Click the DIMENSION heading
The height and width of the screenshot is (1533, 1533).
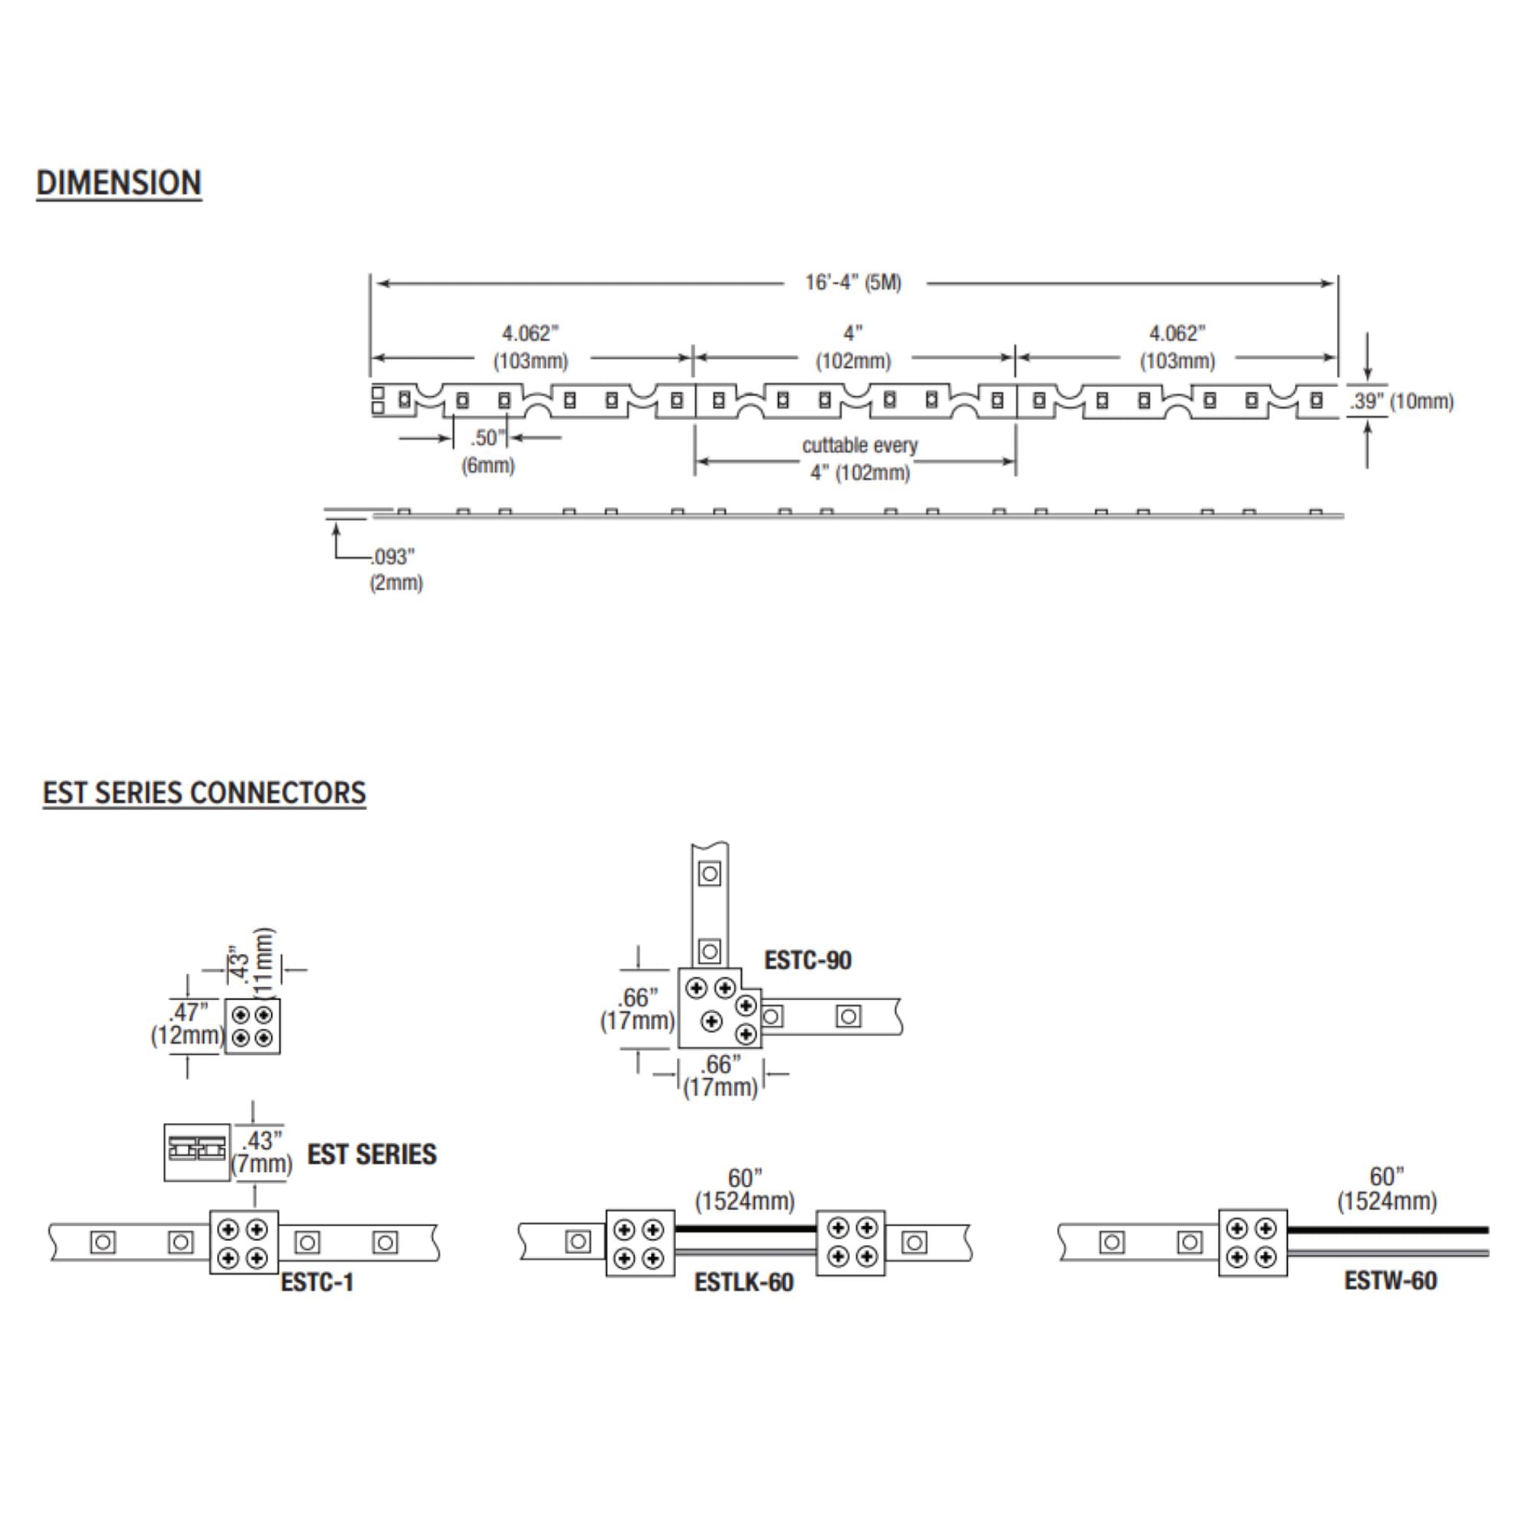coord(119,182)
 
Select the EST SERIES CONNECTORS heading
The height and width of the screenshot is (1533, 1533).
coord(204,793)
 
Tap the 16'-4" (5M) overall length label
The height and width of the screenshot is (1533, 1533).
coord(853,283)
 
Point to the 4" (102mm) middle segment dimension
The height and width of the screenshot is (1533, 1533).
coord(853,347)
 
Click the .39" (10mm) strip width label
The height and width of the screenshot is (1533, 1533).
coord(1401,402)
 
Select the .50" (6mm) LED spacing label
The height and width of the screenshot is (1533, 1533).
coord(488,451)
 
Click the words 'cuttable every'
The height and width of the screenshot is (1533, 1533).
coord(859,445)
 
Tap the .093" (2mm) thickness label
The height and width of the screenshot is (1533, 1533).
coord(396,570)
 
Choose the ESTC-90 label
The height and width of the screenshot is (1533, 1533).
coord(807,960)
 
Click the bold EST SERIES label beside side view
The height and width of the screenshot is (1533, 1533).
coord(371,1154)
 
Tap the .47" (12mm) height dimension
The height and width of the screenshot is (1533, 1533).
coord(187,1023)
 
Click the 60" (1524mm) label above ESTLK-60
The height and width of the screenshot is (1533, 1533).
coord(744,1190)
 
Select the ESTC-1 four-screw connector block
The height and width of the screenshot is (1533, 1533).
coord(244,1242)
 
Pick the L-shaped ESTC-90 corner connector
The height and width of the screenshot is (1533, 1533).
coord(718,1008)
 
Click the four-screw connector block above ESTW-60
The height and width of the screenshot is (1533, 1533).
coord(1253,1242)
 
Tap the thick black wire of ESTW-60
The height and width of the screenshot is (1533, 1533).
coord(1388,1230)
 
